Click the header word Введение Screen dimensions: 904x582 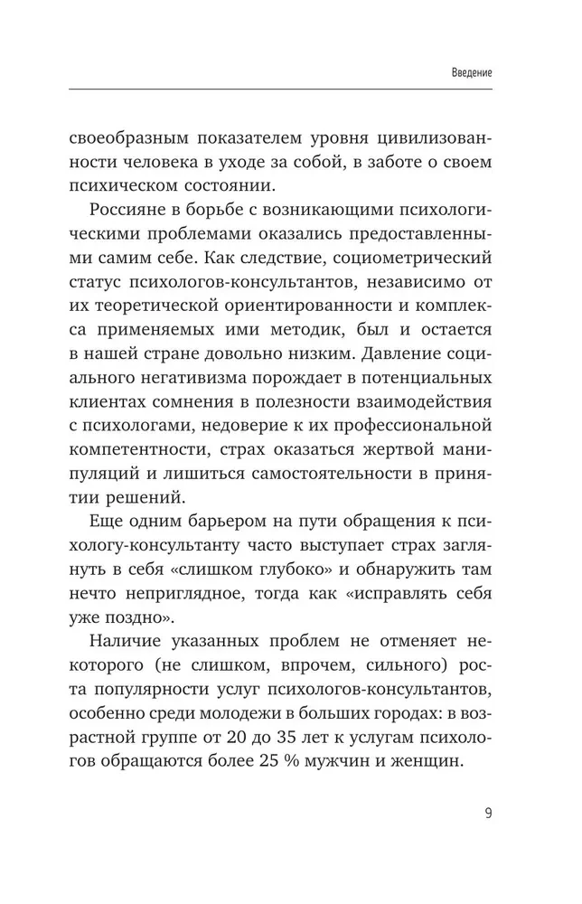coord(470,71)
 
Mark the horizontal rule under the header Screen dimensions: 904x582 coord(280,88)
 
